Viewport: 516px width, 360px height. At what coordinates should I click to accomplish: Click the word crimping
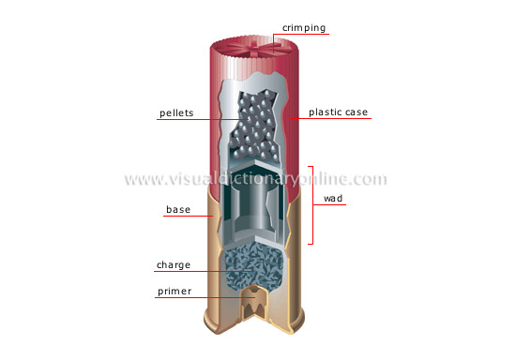tap(303, 27)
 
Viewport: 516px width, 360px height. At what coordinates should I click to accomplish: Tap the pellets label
tap(176, 112)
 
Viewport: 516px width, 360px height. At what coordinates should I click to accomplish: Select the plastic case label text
tap(337, 112)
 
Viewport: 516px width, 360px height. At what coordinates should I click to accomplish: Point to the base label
tap(177, 210)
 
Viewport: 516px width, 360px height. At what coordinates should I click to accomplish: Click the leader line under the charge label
tap(192, 273)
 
